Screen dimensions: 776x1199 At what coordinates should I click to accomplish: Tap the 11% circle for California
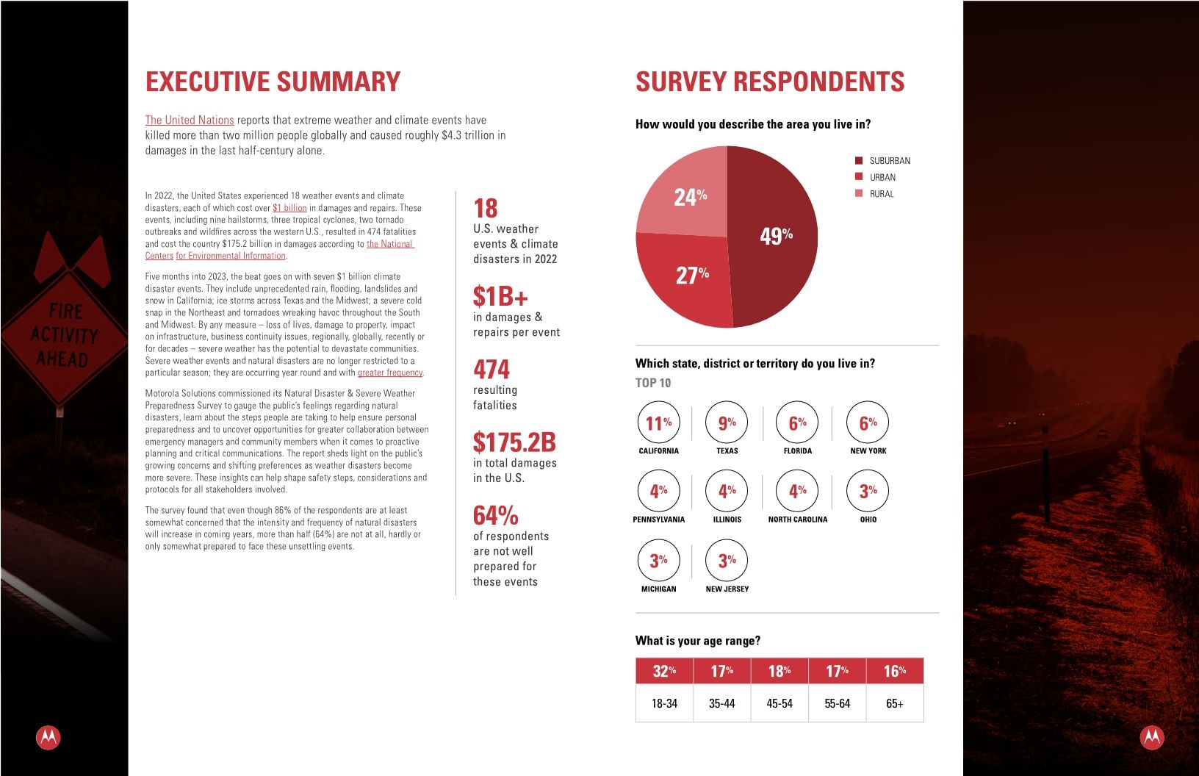click(658, 423)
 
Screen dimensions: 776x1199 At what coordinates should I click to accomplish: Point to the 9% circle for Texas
click(727, 423)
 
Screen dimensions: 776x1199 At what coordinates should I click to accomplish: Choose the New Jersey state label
click(727, 589)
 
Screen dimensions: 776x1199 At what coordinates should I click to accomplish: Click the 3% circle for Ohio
click(868, 491)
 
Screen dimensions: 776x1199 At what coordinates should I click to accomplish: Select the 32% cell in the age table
click(664, 671)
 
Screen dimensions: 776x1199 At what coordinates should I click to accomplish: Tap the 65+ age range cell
click(895, 703)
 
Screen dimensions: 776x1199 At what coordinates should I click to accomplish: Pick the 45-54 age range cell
click(779, 703)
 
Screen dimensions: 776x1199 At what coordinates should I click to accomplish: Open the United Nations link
click(190, 120)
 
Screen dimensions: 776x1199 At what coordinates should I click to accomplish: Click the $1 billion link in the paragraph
click(289, 208)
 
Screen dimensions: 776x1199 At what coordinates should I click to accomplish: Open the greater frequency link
click(390, 373)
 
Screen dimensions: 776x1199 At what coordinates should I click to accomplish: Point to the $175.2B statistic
click(514, 442)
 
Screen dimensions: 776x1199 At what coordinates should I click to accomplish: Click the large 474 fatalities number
click(492, 369)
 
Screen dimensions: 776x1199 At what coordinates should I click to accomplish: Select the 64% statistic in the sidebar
click(496, 515)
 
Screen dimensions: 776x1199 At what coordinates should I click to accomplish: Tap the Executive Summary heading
click(273, 82)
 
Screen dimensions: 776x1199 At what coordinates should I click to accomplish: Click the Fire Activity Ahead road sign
click(64, 335)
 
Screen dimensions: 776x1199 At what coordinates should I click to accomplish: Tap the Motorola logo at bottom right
click(1151, 737)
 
